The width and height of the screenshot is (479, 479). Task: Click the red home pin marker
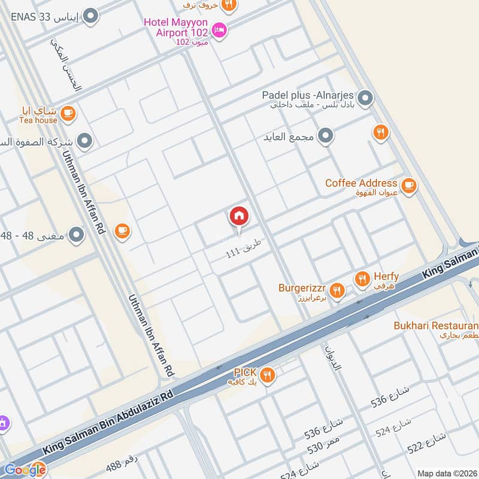pyautogui.click(x=239, y=217)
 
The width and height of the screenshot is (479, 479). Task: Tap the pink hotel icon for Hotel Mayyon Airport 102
pyautogui.click(x=220, y=29)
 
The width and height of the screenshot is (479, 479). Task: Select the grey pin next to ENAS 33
pyautogui.click(x=90, y=16)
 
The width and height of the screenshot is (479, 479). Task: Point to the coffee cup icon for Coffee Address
pyautogui.click(x=409, y=186)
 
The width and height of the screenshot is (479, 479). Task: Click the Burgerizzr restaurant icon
pyautogui.click(x=337, y=291)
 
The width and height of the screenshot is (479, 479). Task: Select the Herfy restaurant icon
pyautogui.click(x=362, y=278)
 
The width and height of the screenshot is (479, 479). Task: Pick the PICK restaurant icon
pyautogui.click(x=268, y=375)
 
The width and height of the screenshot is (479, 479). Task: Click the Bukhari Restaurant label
pyautogui.click(x=436, y=326)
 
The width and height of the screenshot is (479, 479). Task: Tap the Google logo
pyautogui.click(x=25, y=469)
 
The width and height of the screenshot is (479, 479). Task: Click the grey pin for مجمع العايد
pyautogui.click(x=326, y=137)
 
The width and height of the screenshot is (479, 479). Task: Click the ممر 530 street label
pyautogui.click(x=324, y=445)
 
